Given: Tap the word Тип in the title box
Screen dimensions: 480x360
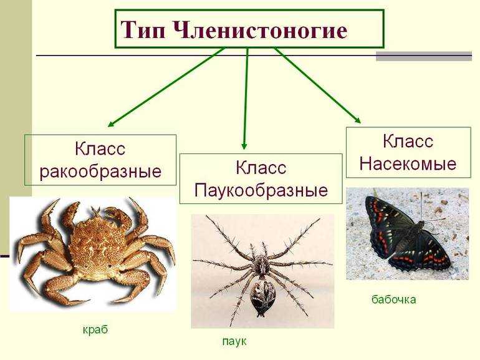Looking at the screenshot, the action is coord(143,30).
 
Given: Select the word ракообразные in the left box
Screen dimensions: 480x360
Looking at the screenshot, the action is coord(100,172).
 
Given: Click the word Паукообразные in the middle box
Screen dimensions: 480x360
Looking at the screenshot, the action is coord(261,190).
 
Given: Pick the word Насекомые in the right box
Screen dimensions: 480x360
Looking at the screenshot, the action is coord(408,163).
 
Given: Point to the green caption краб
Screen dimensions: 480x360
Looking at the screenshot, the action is coord(95,329).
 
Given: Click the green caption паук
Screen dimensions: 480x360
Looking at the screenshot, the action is coord(234,341).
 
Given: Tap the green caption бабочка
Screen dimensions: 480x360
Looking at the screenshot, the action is coord(394,299).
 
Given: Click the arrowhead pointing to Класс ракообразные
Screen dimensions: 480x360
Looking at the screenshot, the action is coord(111,124).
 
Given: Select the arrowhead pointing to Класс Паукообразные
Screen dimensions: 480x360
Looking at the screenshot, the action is coord(244,146).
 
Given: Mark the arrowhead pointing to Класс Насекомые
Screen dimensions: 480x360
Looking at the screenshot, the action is coord(357,120).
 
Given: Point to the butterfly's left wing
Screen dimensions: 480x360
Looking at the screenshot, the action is coord(386,226).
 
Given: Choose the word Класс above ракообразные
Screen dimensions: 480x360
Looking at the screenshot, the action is coord(100,149).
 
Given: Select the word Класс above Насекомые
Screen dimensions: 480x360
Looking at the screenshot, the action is coord(408,141).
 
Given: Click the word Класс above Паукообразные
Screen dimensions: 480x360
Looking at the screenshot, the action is coord(261,168).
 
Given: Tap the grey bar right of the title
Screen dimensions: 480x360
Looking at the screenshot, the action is coord(424,56).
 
